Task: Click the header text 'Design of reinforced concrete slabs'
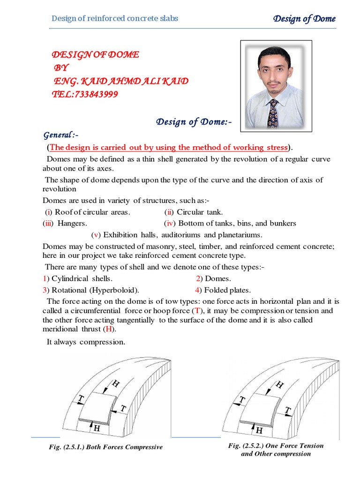115,19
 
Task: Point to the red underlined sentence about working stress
169,148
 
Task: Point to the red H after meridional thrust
109,330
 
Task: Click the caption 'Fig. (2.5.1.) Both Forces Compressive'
106,447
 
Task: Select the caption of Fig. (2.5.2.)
276,450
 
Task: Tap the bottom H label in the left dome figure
97,428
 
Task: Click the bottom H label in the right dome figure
258,430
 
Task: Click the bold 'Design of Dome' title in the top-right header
304,19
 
